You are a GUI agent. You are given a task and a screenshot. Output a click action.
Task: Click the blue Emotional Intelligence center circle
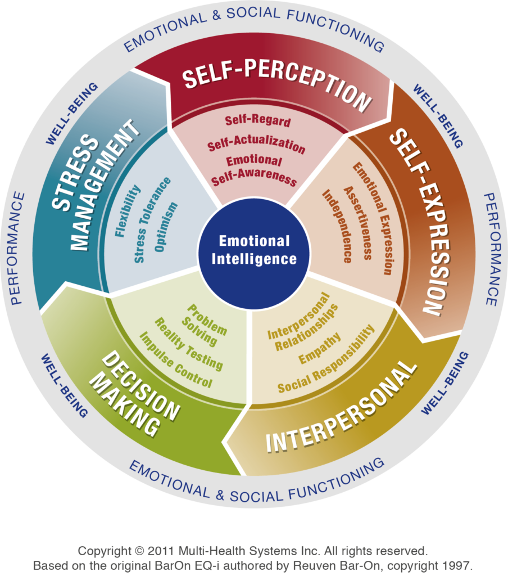click(x=254, y=250)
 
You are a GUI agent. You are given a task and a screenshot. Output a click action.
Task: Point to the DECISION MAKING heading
click(x=135, y=394)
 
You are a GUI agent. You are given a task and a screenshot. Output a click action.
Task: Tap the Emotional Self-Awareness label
click(x=253, y=170)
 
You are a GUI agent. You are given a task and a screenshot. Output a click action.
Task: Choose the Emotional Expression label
click(x=373, y=219)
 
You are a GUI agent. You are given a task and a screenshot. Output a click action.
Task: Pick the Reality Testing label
click(x=189, y=343)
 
